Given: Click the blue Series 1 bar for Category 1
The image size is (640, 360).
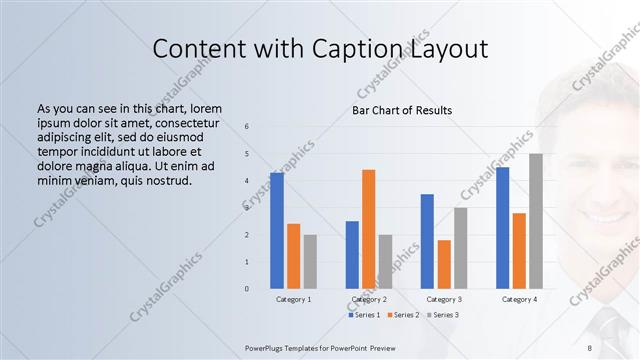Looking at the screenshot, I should [x=277, y=231].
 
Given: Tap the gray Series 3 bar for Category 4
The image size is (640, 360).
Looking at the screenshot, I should [x=536, y=221].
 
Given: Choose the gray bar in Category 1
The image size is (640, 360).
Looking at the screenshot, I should [x=310, y=261].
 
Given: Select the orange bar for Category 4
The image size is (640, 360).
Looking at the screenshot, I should [x=519, y=250].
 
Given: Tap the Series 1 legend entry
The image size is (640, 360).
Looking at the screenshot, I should [x=365, y=315].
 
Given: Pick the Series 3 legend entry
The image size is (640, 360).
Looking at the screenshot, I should [x=444, y=315].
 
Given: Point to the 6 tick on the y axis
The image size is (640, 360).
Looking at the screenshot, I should [x=247, y=126].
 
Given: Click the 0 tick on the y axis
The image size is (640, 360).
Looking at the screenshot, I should [x=247, y=289].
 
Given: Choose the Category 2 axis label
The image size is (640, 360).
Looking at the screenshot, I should [x=368, y=299].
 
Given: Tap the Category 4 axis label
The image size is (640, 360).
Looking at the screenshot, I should [x=519, y=299].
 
